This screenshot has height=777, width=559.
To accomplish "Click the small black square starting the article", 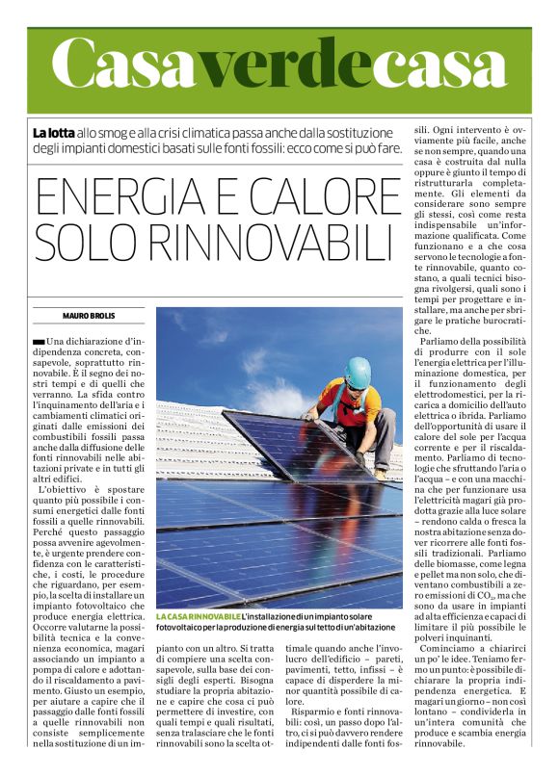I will [x=38, y=342].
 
